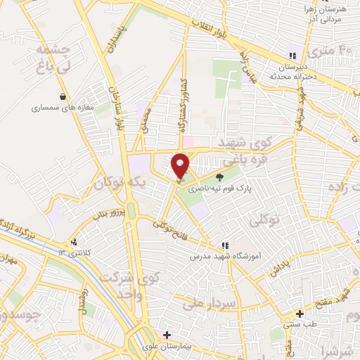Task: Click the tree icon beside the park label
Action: pos(220,177)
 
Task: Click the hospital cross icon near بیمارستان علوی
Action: pos(167,335)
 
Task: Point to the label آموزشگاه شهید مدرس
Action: pos(225,257)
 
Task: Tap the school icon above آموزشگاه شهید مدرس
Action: pos(225,245)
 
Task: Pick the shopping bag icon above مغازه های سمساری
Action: pos(63,97)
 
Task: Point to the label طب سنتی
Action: pos(300,325)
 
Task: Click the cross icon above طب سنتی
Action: pos(300,314)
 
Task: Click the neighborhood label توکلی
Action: pos(264,221)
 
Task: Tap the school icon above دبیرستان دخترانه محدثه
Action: pos(292,56)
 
